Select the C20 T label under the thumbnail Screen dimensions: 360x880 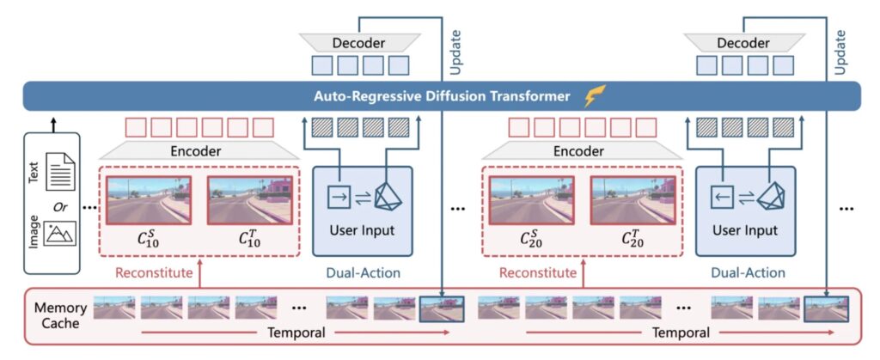[x=630, y=240]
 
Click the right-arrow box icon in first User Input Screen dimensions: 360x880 [x=341, y=197]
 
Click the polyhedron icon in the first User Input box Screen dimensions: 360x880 [x=388, y=198]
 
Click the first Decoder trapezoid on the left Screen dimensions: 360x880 [x=358, y=42]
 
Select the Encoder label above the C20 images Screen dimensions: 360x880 [x=583, y=150]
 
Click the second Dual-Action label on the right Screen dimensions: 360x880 [x=748, y=273]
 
